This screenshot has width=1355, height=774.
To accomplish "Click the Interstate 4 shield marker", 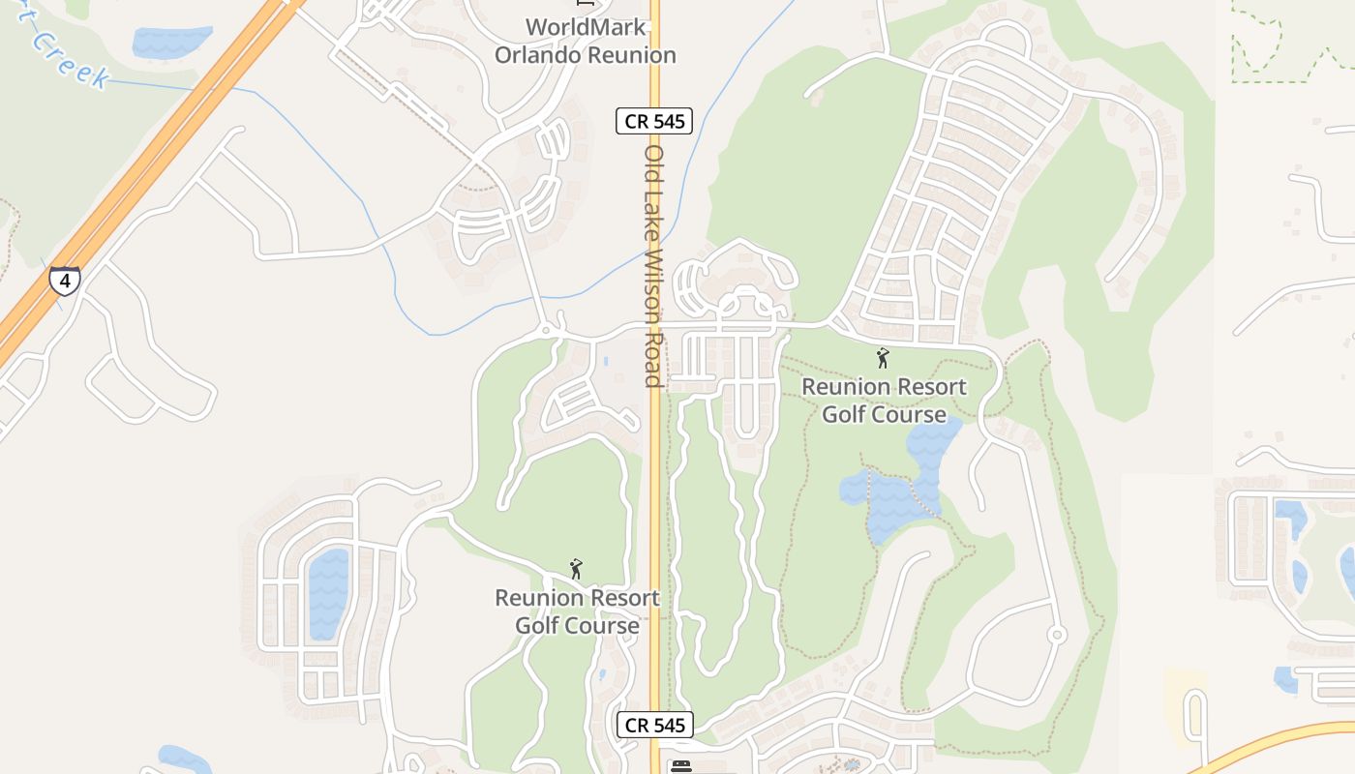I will pos(65,281).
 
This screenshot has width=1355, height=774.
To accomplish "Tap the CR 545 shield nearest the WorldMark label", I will pos(654,121).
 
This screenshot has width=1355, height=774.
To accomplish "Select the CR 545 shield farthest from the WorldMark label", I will pos(654,725).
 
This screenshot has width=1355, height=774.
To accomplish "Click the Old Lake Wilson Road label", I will pos(654,266).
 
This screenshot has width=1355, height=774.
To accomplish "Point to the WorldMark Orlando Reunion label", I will pos(585,41).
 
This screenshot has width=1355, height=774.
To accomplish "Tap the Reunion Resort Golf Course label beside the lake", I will pos(884,400).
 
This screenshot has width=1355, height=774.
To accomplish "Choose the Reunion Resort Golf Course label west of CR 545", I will pos(577,610).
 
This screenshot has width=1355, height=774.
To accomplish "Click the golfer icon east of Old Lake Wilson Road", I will pos(882,359).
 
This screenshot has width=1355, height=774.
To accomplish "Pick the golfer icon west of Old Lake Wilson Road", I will pos(576,569).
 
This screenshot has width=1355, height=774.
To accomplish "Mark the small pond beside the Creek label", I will pos(171,42).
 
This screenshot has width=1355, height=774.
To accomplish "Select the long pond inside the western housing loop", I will pos(328,593).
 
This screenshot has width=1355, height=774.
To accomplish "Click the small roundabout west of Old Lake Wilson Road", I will pos(546,331).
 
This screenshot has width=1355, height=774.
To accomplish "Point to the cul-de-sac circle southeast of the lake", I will pos(1057,635).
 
